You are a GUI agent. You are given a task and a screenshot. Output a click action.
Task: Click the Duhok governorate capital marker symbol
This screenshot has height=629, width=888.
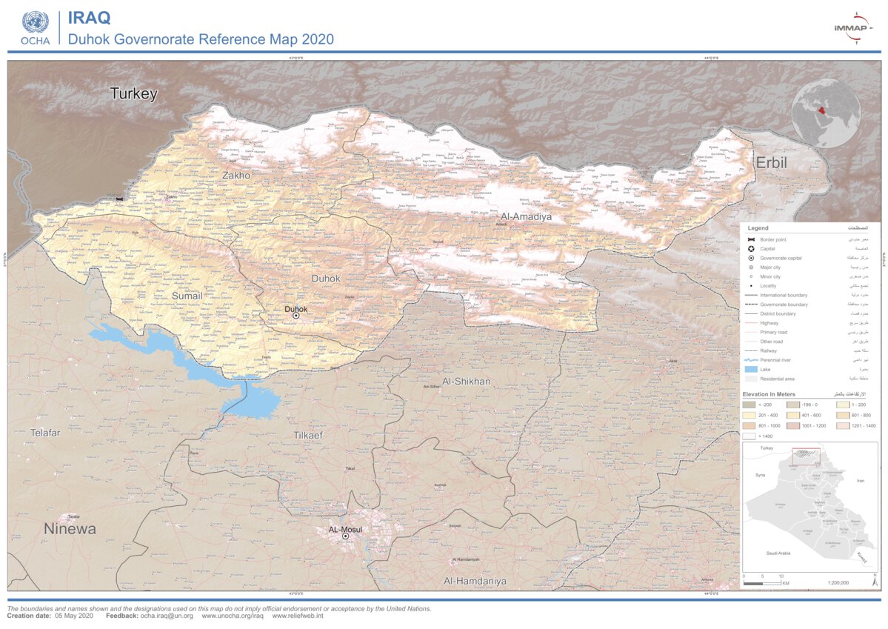[296, 316]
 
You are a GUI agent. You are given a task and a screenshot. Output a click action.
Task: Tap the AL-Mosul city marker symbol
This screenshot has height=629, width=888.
[345, 536]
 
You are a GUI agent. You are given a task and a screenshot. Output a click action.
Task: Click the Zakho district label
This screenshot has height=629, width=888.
[236, 176]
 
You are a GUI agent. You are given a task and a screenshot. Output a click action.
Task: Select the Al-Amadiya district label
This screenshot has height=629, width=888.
[526, 216]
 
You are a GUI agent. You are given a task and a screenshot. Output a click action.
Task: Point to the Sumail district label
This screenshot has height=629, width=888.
[187, 296]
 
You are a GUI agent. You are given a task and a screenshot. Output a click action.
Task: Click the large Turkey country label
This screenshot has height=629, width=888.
[134, 94]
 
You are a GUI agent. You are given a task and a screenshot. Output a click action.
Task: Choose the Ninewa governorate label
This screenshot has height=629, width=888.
[70, 529]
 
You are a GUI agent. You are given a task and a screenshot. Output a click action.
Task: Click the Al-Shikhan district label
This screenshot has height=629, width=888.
[466, 381]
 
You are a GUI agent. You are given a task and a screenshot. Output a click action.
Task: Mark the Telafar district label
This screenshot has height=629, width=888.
[45, 432]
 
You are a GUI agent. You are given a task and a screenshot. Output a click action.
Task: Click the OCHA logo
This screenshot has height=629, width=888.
[35, 27]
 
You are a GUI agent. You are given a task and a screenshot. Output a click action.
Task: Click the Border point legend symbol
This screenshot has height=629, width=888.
[750, 239]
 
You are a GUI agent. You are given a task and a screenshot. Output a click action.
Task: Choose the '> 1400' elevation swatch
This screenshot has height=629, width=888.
[750, 436]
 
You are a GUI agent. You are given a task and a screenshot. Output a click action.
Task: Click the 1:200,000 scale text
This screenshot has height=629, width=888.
[837, 583]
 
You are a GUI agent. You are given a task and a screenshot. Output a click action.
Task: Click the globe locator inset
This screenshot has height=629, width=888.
[825, 113]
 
